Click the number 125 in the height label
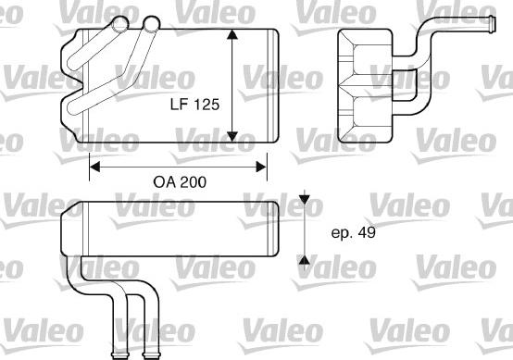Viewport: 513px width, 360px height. pos(206,106)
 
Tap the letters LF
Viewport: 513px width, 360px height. pos(178,106)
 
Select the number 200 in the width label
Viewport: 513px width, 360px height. pos(191,183)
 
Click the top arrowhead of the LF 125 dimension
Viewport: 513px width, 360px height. pos(231,36)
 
